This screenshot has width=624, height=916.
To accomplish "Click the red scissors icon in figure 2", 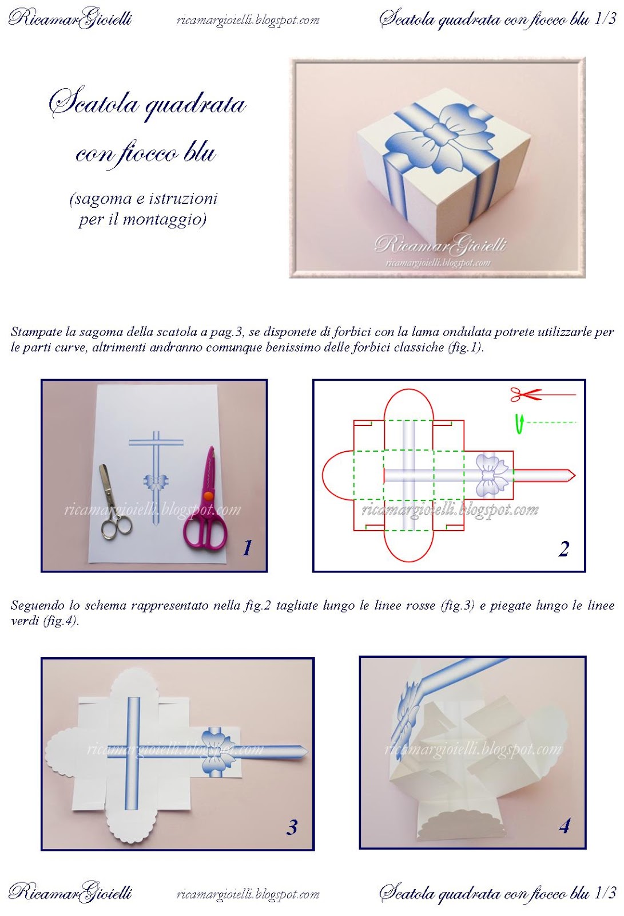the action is [525, 394].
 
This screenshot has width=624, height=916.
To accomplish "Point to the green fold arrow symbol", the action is [519, 424].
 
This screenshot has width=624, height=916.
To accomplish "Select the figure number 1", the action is [247, 548].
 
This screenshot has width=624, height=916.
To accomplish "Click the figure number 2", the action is [564, 549].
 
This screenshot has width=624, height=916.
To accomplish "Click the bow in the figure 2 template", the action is [492, 475].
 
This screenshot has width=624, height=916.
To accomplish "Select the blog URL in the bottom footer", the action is [248, 894].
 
